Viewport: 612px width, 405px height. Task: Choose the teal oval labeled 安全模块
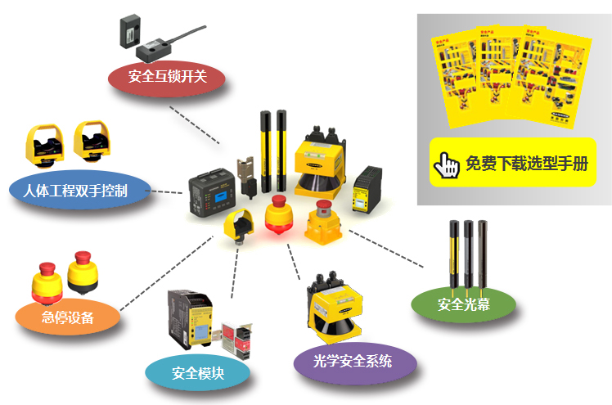coord(197,374)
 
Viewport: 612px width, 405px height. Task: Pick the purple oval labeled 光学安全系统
coord(353,361)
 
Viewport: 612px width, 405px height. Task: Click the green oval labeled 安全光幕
coord(463,304)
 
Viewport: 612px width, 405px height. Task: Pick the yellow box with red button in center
coord(321,224)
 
